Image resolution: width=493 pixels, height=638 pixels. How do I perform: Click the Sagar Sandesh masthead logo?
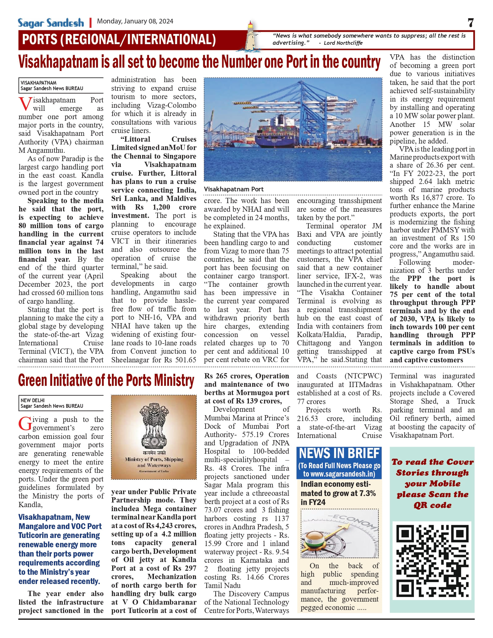51,23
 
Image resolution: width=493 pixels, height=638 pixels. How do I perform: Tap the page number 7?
470,23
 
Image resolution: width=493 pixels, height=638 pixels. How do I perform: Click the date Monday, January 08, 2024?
135,21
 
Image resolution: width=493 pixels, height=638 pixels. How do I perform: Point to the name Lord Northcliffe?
343,43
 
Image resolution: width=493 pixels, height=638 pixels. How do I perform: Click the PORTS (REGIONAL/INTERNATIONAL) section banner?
119,40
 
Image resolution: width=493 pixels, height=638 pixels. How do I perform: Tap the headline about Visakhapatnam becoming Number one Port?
199,62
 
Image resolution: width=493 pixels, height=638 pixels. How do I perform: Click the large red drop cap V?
25,104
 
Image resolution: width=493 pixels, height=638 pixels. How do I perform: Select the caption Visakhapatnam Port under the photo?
234,189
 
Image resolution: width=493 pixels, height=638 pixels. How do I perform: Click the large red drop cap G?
25,423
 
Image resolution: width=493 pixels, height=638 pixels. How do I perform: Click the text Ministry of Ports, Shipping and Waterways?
154,462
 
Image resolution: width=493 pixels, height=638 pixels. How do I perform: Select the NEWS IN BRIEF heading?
339,453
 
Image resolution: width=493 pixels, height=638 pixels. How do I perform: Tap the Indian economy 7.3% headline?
338,493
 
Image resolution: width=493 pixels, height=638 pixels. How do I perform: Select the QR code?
432,561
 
